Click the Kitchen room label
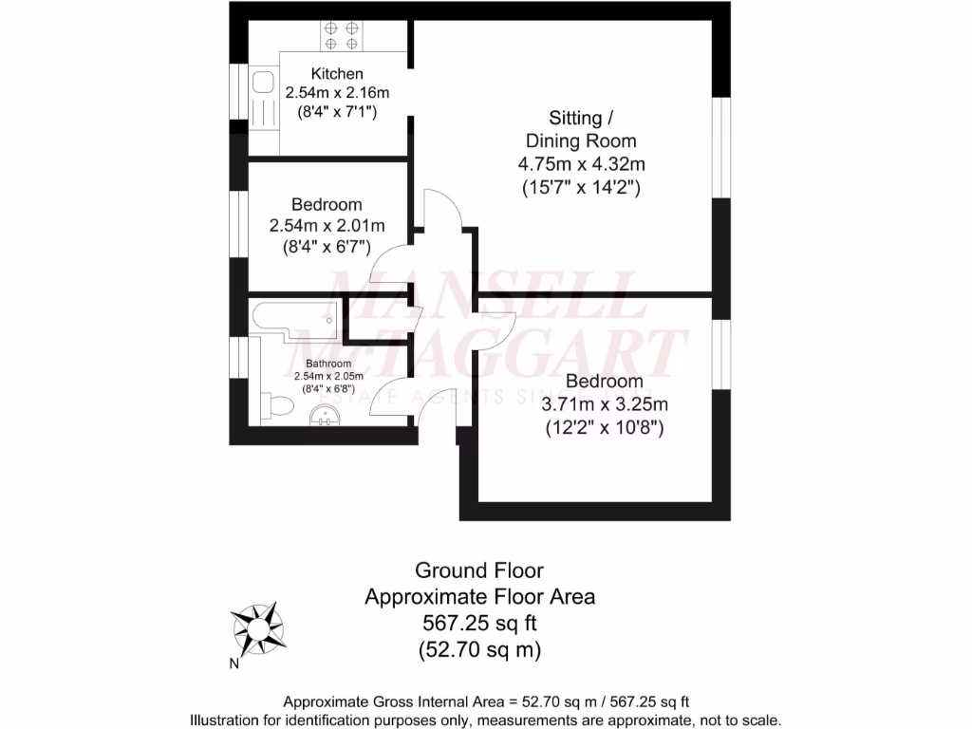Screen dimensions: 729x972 [338, 73]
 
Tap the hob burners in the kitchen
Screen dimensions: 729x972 [341, 35]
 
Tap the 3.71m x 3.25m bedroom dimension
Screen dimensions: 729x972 [605, 404]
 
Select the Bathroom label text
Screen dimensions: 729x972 [328, 364]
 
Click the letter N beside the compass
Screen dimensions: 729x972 [234, 664]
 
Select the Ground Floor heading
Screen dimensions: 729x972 [479, 570]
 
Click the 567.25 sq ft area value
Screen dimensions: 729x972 [479, 624]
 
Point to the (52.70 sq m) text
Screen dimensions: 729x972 [479, 650]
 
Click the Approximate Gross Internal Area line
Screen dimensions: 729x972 [486, 701]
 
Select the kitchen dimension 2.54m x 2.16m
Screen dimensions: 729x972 [338, 93]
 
